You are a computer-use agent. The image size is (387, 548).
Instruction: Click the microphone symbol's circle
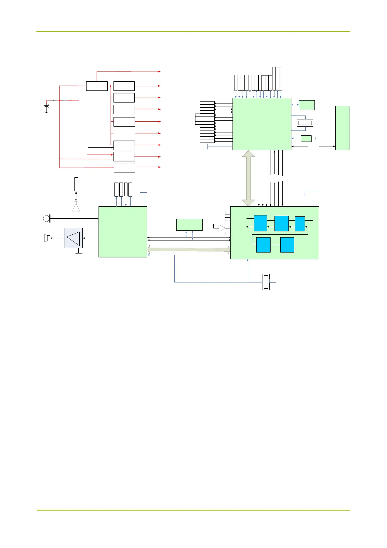coord(46,218)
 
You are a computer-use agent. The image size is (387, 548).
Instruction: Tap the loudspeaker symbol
coord(47,238)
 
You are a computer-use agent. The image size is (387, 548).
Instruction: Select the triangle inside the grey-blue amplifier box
coord(73,238)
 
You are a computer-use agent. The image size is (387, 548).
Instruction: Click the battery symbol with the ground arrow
coord(47,107)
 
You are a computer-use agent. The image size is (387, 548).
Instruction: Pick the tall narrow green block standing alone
coord(342,128)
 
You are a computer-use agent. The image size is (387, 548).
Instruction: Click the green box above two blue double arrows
coord(189,225)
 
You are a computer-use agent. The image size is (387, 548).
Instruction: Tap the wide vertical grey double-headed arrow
coord(249,178)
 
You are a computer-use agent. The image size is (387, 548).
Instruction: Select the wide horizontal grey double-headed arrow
coord(189,250)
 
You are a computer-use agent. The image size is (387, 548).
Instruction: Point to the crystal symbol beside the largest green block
coord(305,123)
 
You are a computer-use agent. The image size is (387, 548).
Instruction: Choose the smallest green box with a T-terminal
coord(306,139)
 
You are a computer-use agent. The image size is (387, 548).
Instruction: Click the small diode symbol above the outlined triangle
coord(76,200)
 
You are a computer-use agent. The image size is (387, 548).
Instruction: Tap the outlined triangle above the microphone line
coord(76,207)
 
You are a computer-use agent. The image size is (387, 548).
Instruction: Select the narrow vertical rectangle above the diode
coord(76,184)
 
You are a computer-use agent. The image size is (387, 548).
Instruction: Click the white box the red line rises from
coord(97,86)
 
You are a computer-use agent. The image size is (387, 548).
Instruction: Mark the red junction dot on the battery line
coord(60,101)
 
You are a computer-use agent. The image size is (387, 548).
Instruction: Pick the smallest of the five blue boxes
coord(300,224)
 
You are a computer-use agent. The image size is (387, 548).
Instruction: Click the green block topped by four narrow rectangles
coord(123,232)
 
